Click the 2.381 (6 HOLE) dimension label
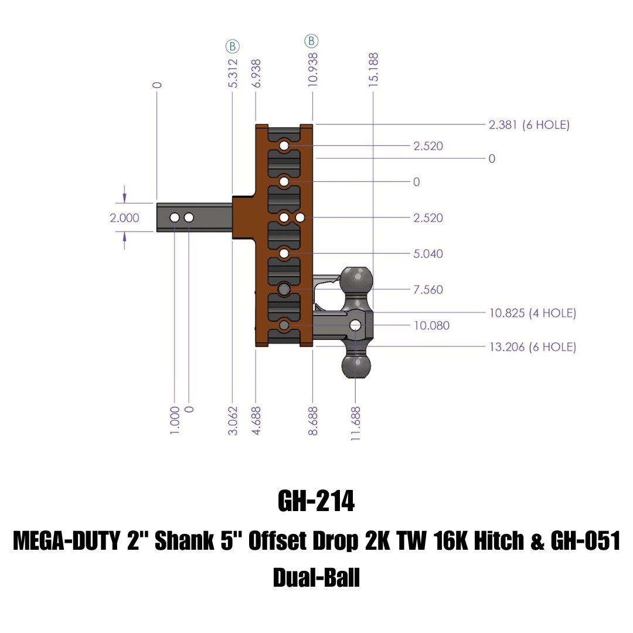click(x=529, y=125)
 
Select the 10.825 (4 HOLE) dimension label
click(x=532, y=313)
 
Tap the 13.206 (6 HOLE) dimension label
click(x=532, y=347)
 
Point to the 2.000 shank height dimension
click(x=125, y=218)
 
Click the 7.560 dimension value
click(x=428, y=290)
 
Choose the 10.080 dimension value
click(x=431, y=325)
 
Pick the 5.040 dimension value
click(x=428, y=254)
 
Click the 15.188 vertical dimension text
click(x=373, y=70)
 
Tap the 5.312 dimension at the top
click(x=233, y=73)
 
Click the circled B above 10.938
click(x=311, y=41)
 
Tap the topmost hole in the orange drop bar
click(x=284, y=145)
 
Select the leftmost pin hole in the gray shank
click(x=175, y=218)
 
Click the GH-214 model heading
click(x=316, y=502)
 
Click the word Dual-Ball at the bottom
click(x=316, y=578)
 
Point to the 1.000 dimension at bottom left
click(x=175, y=421)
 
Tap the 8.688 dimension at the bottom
click(x=313, y=421)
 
